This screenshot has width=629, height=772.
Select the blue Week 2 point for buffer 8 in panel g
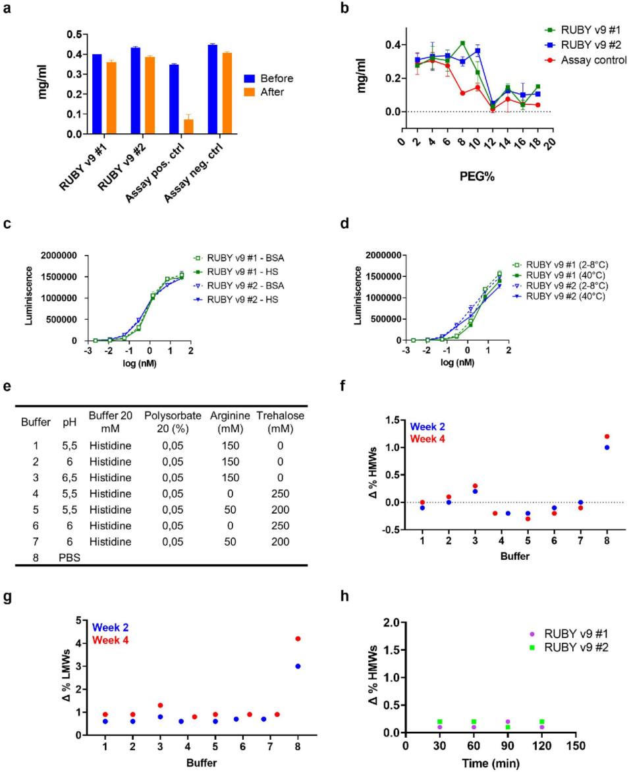tap(298, 666)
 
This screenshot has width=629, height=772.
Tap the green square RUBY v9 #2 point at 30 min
tap(439, 722)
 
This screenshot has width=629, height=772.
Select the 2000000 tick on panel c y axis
tap(59, 255)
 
